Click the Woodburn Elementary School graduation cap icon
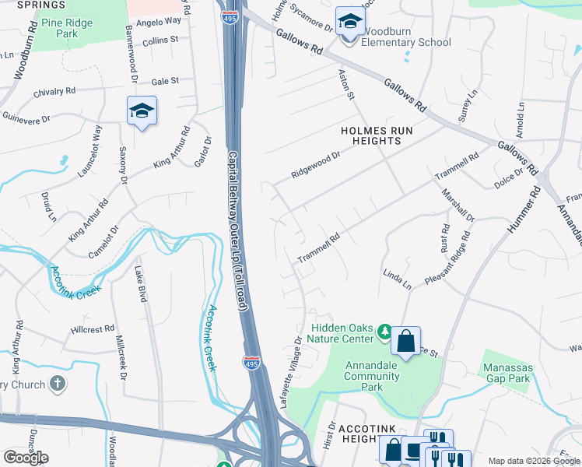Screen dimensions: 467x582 pyautogui.click(x=350, y=23)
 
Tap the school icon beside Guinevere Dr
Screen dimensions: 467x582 pyautogui.click(x=142, y=112)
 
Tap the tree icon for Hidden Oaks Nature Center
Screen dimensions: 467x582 pyautogui.click(x=384, y=332)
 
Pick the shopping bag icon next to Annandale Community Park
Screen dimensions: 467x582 pyautogui.click(x=405, y=342)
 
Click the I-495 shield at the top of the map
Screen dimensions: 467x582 pyautogui.click(x=230, y=18)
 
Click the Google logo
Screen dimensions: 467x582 pyautogui.click(x=26, y=457)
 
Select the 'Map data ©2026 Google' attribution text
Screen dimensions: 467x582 pyautogui.click(x=535, y=461)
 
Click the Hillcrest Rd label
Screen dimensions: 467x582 pyautogui.click(x=92, y=328)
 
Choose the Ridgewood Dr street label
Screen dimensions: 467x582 pyautogui.click(x=316, y=164)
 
